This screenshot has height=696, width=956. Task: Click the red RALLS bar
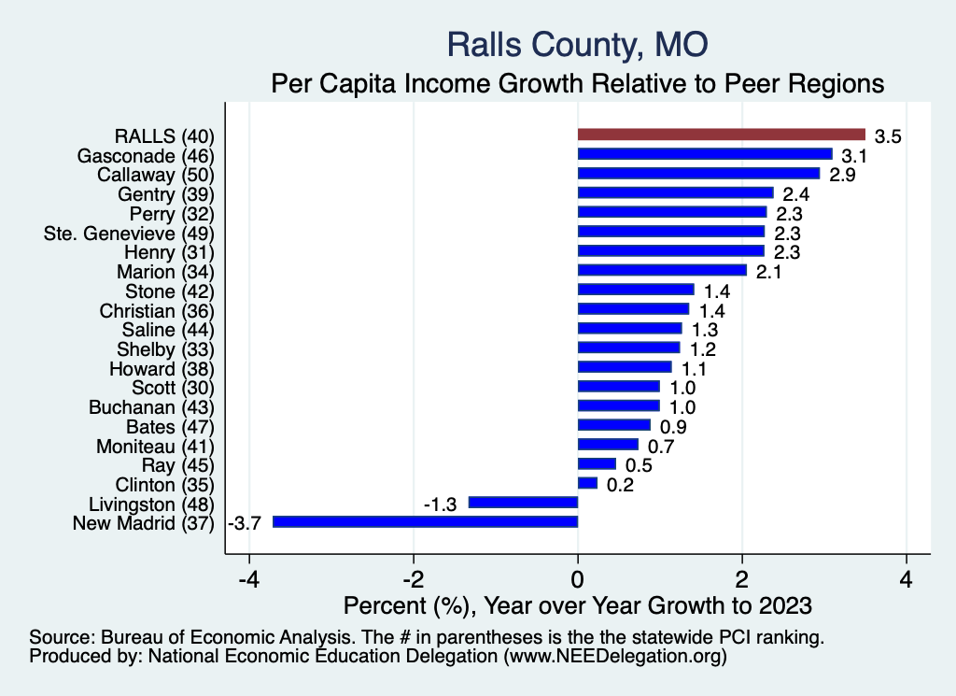click(x=722, y=135)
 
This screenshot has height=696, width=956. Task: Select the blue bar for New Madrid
click(x=425, y=521)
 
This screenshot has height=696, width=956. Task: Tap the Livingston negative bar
click(x=523, y=503)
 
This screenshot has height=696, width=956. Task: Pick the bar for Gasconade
click(x=705, y=154)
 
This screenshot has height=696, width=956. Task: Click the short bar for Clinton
click(x=587, y=483)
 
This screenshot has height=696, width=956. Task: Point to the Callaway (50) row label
click(x=156, y=175)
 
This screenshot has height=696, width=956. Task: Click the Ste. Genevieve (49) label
click(x=130, y=233)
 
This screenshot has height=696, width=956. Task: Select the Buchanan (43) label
click(x=151, y=407)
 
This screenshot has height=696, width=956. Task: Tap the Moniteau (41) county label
click(x=156, y=446)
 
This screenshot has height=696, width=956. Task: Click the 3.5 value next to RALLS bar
click(x=887, y=137)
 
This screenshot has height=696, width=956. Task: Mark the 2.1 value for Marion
click(x=768, y=273)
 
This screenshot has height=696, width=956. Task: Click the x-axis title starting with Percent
click(x=578, y=604)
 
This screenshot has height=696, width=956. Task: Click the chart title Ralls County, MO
click(x=578, y=44)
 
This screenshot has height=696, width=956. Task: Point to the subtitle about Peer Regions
click(x=578, y=84)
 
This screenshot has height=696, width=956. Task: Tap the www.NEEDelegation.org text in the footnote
click(x=614, y=657)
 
